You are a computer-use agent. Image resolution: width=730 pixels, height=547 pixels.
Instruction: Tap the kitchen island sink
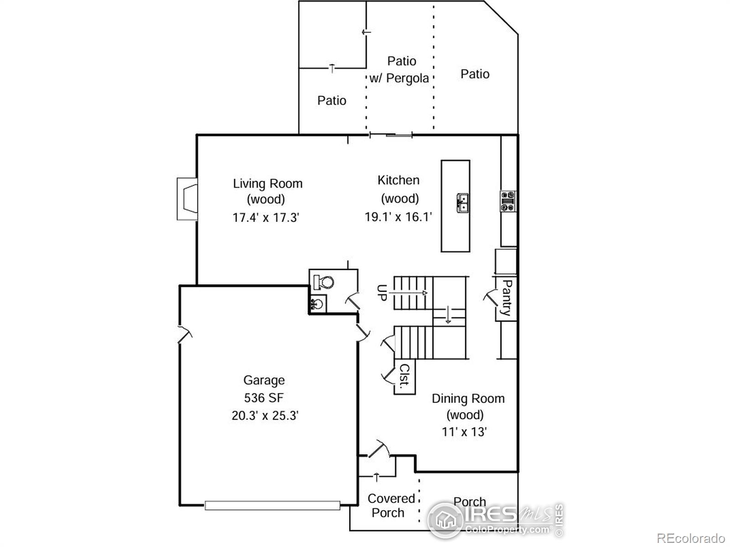(463, 203)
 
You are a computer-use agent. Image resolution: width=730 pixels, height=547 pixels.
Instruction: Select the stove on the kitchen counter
(508, 201)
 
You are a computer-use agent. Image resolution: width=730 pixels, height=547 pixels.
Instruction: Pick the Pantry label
(506, 298)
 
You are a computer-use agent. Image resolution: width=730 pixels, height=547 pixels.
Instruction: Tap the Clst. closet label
(405, 375)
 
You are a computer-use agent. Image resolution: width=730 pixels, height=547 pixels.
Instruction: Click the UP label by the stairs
(382, 292)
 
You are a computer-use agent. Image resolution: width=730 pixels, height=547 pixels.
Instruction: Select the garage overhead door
(272, 505)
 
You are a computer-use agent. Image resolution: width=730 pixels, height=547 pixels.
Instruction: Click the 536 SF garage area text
(264, 397)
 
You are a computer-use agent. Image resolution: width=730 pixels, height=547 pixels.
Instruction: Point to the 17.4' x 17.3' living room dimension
(266, 217)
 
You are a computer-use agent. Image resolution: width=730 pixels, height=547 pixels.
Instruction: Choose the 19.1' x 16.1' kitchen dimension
(398, 217)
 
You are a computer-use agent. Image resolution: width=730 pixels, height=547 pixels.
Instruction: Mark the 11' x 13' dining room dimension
(464, 432)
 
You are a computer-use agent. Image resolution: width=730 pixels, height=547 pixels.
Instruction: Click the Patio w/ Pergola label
(400, 70)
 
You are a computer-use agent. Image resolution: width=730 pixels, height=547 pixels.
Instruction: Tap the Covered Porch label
(390, 506)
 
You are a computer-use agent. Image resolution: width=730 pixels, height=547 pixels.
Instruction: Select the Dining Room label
(468, 398)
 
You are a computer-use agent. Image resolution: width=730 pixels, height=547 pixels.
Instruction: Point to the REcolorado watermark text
(691, 538)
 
